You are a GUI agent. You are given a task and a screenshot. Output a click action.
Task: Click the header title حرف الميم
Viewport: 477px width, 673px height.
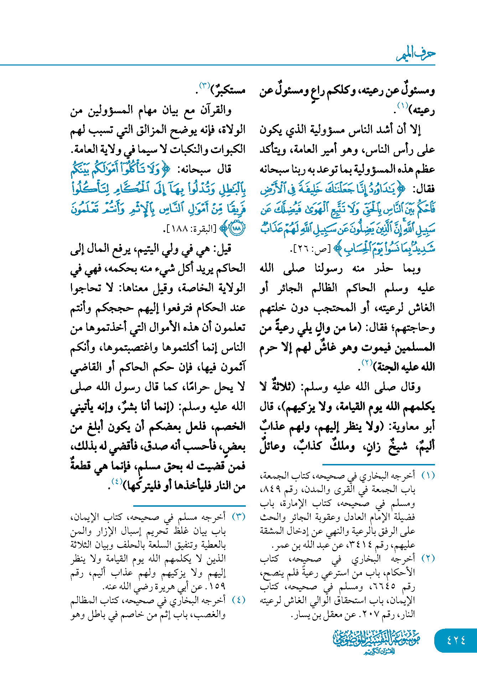tap(416, 54)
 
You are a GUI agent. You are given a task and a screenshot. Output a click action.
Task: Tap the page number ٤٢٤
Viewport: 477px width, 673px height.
tap(456, 640)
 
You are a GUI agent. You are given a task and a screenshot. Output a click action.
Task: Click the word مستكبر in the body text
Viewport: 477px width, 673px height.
tap(229, 90)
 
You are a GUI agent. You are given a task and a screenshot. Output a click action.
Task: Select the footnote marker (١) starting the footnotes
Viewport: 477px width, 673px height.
tap(428, 476)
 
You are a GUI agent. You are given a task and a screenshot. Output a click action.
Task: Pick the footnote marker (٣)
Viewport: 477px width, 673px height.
tap(238, 517)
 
